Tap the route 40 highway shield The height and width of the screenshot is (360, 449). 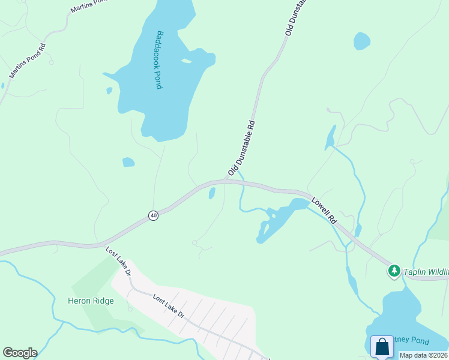click(x=154, y=215)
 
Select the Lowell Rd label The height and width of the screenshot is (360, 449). click(x=324, y=210)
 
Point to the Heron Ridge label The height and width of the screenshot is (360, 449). click(x=91, y=301)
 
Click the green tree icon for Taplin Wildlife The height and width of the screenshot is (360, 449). click(x=394, y=271)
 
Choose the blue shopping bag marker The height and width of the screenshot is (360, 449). click(x=382, y=347)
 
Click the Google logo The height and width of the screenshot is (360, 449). click(x=20, y=353)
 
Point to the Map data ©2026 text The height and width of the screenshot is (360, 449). click(x=423, y=355)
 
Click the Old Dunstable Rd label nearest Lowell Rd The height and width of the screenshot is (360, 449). click(x=242, y=148)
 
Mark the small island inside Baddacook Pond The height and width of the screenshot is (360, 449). click(x=187, y=61)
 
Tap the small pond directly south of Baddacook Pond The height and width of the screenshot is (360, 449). click(x=128, y=162)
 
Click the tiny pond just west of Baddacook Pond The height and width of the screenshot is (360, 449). click(x=109, y=91)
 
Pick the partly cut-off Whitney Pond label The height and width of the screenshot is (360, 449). click(x=412, y=341)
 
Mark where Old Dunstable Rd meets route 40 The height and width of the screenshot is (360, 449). click(x=227, y=181)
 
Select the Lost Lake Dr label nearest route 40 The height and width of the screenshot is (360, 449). click(x=119, y=262)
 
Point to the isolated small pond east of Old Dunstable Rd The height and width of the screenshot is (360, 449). click(x=362, y=41)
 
